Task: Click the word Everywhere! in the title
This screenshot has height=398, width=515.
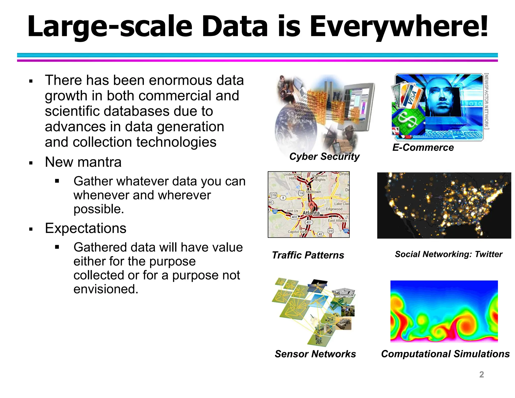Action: pyautogui.click(x=399, y=26)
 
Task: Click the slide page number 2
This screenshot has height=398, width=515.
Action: pyautogui.click(x=481, y=374)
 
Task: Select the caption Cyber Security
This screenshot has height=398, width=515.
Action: pyautogui.click(x=324, y=156)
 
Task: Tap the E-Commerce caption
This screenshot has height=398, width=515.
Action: pyautogui.click(x=423, y=147)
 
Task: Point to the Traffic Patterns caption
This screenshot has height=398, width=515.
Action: pyautogui.click(x=308, y=255)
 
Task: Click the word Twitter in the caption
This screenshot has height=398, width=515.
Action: pyautogui.click(x=488, y=254)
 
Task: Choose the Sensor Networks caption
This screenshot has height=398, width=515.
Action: pyautogui.click(x=315, y=354)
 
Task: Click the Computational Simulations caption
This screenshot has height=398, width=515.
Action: pyautogui.click(x=445, y=354)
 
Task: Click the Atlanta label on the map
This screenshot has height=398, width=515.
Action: pyautogui.click(x=311, y=213)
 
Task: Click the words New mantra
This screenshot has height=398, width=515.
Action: pyautogui.click(x=83, y=162)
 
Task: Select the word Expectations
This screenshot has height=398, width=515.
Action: pyautogui.click(x=85, y=228)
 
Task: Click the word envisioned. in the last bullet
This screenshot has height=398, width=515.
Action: pyautogui.click(x=106, y=289)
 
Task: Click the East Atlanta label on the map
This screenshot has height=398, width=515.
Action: pyautogui.click(x=337, y=221)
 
